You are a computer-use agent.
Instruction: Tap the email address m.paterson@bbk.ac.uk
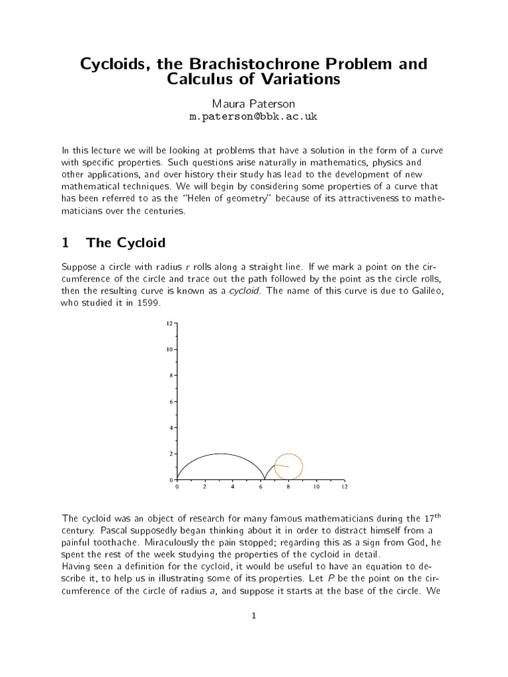(254, 116)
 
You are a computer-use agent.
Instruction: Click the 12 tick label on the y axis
(169, 323)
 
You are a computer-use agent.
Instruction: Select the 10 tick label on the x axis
(316, 487)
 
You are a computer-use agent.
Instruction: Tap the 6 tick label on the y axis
(171, 401)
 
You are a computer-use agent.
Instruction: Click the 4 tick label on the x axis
(232, 487)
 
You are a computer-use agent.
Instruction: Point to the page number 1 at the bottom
(254, 616)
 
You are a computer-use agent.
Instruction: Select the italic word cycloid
(244, 290)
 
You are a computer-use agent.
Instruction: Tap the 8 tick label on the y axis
(171, 375)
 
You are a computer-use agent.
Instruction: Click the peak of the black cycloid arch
(220, 454)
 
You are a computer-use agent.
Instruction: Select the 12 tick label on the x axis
(344, 487)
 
